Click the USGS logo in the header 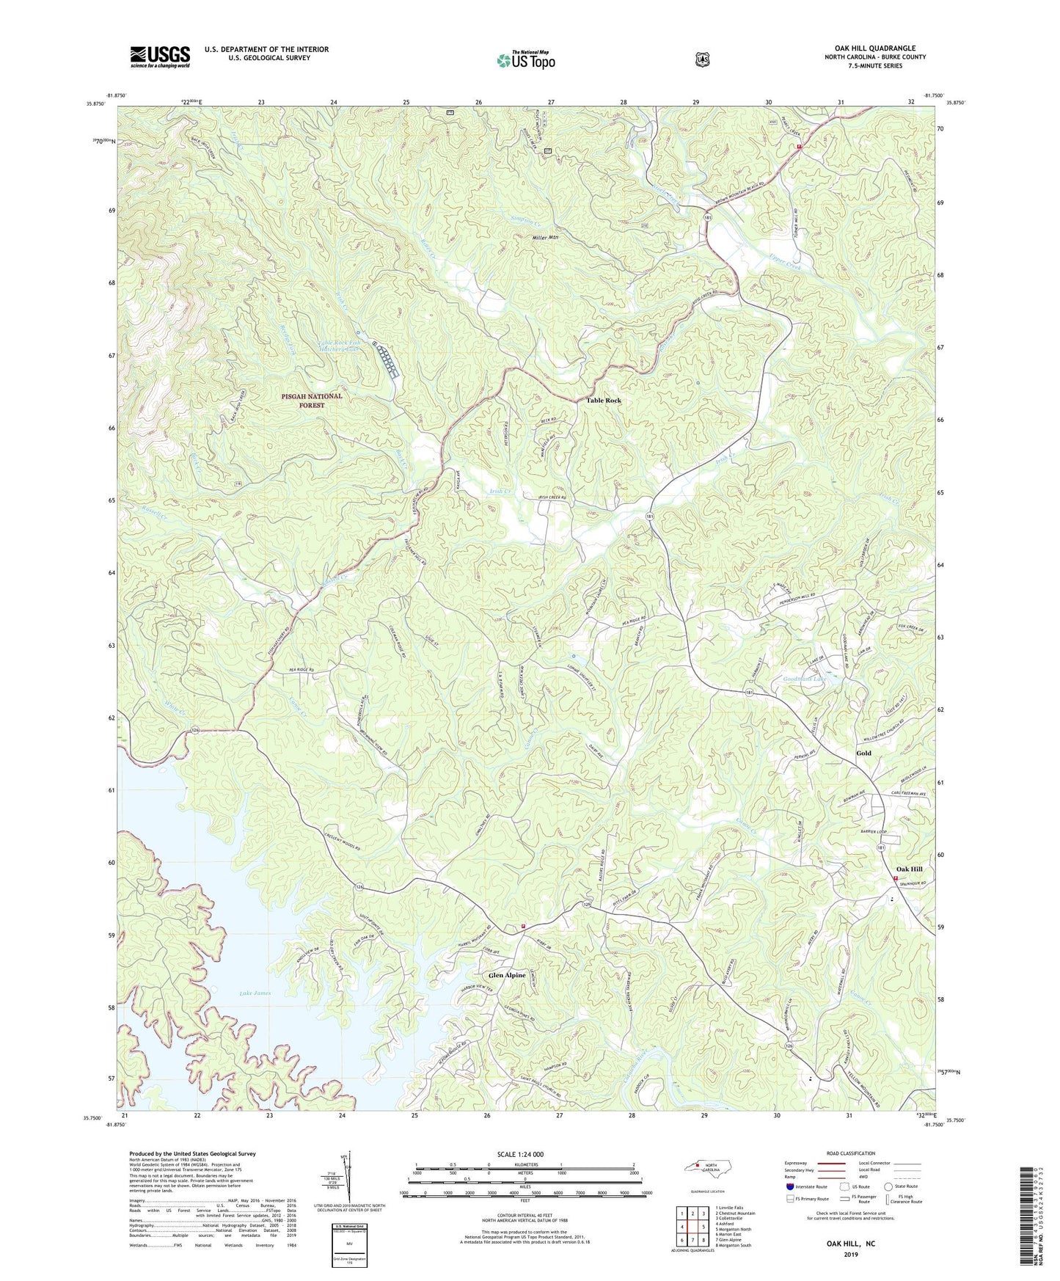pyautogui.click(x=160, y=56)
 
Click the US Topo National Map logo pyautogui.click(x=525, y=59)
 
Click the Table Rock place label pyautogui.click(x=604, y=401)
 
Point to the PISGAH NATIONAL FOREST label pyautogui.click(x=312, y=401)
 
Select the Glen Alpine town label pyautogui.click(x=507, y=975)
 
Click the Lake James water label pyautogui.click(x=255, y=993)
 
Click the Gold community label pyautogui.click(x=863, y=753)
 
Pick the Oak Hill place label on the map pyautogui.click(x=909, y=869)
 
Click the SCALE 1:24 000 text pyautogui.click(x=520, y=1154)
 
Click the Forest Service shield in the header pyautogui.click(x=703, y=59)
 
